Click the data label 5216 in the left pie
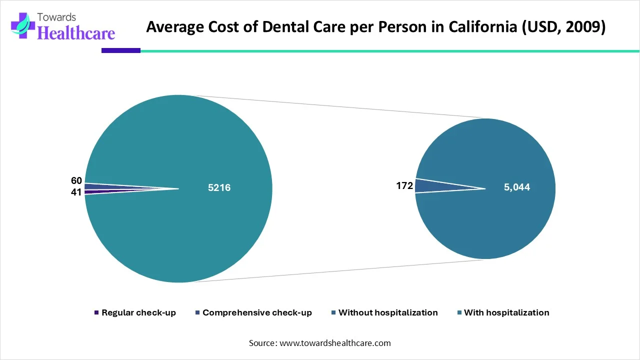[x=219, y=188]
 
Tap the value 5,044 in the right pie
[x=516, y=187]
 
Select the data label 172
[x=404, y=186]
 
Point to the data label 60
[x=76, y=180]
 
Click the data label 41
[x=76, y=192]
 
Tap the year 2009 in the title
[x=585, y=27]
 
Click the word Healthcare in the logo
[x=76, y=33]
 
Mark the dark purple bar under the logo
[x=120, y=50]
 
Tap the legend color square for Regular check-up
[x=96, y=313]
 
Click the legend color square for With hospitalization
[x=458, y=313]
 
